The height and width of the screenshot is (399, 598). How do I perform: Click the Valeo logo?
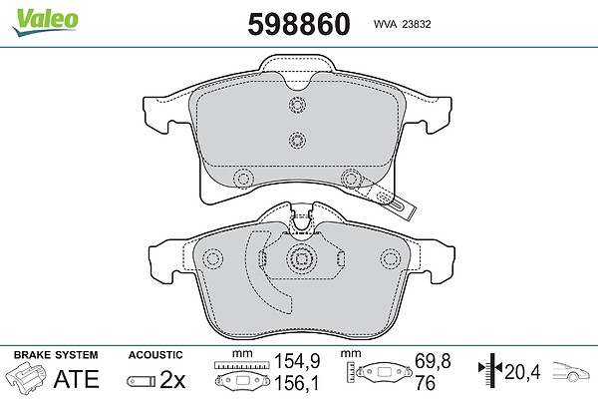(x=45, y=22)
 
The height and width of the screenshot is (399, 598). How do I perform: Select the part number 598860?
(x=299, y=24)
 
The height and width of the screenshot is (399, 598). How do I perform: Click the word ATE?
(x=77, y=378)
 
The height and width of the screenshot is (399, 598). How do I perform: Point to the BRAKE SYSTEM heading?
(x=56, y=355)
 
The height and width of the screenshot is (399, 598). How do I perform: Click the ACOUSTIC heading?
(x=155, y=355)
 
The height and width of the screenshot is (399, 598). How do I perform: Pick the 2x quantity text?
(x=172, y=379)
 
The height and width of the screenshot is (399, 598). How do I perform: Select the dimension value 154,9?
(x=297, y=361)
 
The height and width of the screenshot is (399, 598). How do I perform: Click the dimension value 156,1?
(x=297, y=383)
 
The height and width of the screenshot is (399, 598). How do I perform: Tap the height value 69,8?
(x=433, y=361)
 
